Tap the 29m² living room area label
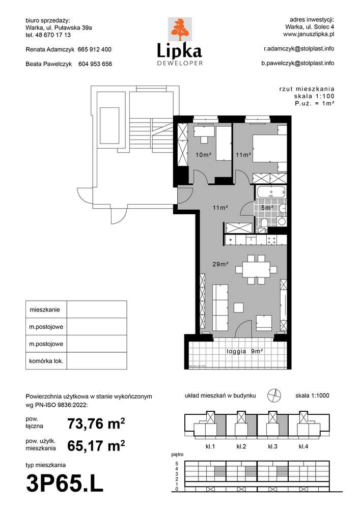[220, 264]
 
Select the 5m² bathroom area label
[267, 208]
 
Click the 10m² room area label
[203, 155]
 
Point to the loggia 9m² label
[245, 351]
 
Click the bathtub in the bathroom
[271, 193]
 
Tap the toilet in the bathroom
[264, 224]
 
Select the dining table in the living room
[256, 269]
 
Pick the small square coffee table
[239, 307]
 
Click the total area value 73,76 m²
[96, 423]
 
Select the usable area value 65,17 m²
[96, 446]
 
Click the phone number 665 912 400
[95, 50]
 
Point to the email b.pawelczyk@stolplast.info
[298, 63]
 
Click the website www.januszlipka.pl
[309, 34]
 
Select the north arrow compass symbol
[274, 395]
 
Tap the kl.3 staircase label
[272, 446]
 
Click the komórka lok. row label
[46, 361]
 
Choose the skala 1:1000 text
[312, 395]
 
